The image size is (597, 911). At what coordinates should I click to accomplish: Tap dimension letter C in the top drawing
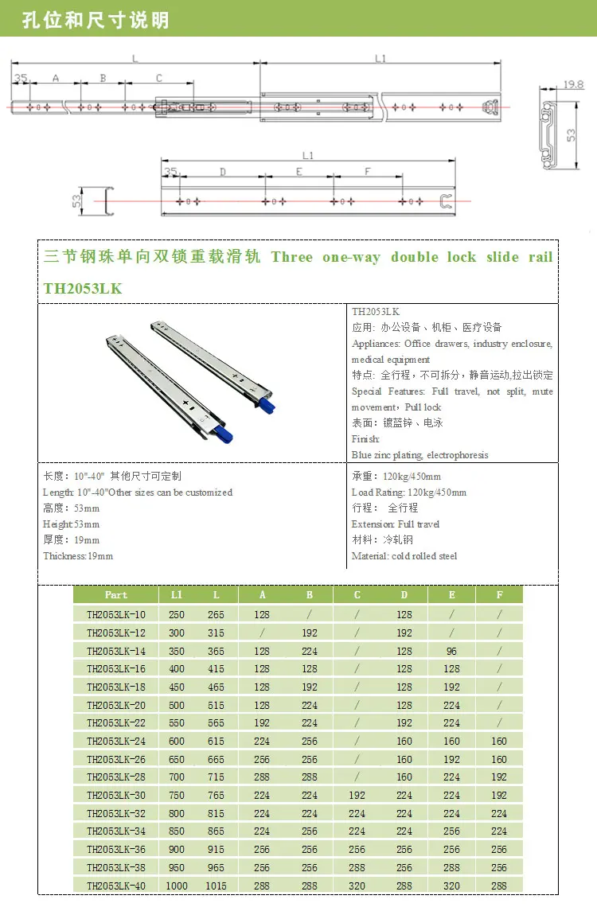tap(159, 78)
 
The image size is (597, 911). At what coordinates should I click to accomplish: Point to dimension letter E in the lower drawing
tap(299, 171)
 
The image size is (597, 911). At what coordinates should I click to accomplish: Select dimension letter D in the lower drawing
tap(223, 171)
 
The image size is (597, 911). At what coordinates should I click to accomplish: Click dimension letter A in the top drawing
tap(55, 78)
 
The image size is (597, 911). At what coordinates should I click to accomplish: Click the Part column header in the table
tap(116, 595)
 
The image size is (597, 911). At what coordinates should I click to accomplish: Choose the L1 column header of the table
tap(177, 595)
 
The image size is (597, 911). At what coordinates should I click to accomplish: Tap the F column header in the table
tap(499, 595)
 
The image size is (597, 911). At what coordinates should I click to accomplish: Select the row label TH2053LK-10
tap(116, 614)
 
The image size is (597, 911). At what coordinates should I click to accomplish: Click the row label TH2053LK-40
tap(116, 886)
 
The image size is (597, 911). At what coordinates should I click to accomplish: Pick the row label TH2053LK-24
tap(116, 741)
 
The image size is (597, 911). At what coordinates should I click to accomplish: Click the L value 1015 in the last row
tap(216, 886)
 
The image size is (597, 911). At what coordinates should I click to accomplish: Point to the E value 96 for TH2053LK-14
tap(451, 651)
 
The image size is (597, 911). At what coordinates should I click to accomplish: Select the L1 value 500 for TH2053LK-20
tap(177, 705)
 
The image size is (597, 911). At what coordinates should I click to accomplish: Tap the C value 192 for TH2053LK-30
tap(357, 795)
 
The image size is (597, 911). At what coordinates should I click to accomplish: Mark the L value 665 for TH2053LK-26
tap(216, 759)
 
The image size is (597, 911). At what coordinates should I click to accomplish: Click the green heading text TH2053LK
tap(83, 289)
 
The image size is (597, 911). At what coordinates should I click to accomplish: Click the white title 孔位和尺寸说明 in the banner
tap(96, 19)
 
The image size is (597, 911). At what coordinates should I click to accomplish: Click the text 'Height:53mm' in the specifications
tap(72, 524)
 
